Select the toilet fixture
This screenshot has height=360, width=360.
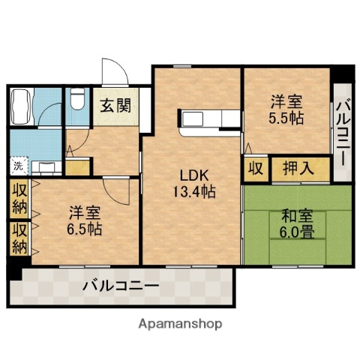click(x=76, y=101)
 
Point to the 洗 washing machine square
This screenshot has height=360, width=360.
click(x=16, y=166)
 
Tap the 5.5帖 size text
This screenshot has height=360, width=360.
click(x=286, y=118)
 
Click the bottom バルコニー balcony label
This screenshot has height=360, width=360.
click(x=121, y=286)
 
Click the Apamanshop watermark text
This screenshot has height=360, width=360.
click(x=180, y=324)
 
